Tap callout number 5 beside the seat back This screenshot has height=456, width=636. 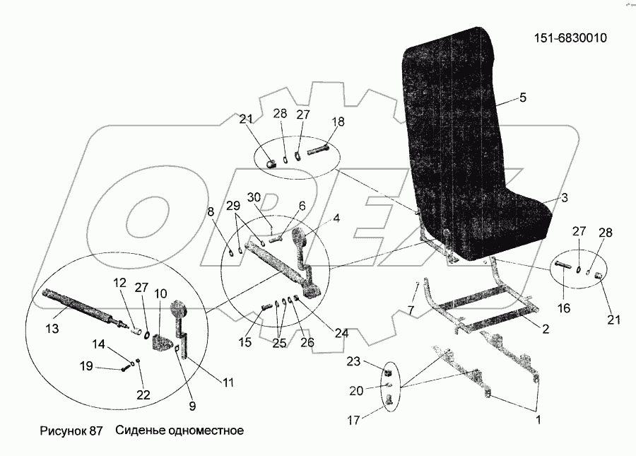click(x=523, y=98)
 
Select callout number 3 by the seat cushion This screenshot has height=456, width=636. click(x=565, y=200)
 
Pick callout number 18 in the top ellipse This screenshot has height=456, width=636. click(x=338, y=122)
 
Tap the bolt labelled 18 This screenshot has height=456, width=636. click(x=319, y=151)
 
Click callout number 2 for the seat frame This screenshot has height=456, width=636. click(x=545, y=328)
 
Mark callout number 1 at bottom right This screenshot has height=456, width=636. click(x=538, y=421)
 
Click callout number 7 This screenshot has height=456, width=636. click(x=411, y=310)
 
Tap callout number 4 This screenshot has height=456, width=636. click(x=336, y=218)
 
